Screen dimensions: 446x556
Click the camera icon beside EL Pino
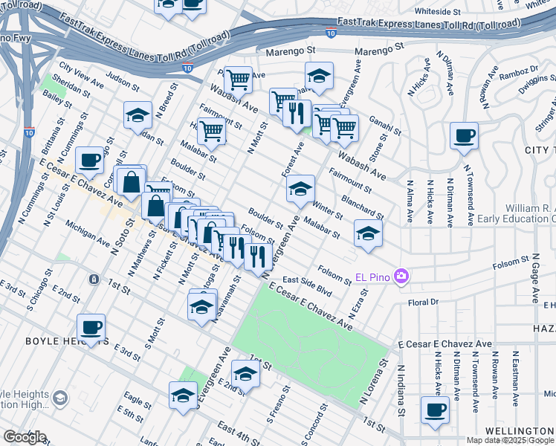402,277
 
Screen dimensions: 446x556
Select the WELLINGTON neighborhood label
520,431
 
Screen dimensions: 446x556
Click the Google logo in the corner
24,436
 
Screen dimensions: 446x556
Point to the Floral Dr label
424,303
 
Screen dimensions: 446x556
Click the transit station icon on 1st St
94,279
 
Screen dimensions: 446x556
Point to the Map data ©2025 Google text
510,440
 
